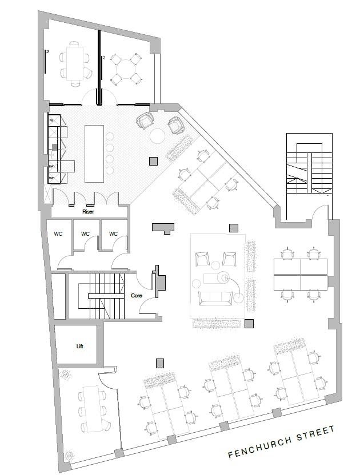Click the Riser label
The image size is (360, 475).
87,211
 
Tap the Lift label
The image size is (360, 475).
79,346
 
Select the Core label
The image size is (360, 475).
137,296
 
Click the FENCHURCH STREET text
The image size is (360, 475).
281,441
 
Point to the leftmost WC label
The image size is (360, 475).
58,234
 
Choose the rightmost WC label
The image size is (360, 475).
113,234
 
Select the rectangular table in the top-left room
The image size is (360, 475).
74,62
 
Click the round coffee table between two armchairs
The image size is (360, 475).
157,136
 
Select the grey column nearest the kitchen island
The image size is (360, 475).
153,162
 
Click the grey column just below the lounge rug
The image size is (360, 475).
249,324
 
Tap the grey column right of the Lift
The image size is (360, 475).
160,362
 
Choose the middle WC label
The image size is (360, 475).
86,234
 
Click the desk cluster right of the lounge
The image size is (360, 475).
301,274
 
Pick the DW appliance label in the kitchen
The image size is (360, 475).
51,167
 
